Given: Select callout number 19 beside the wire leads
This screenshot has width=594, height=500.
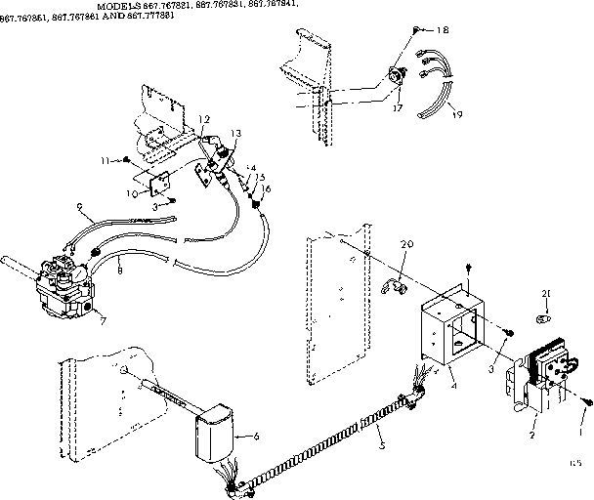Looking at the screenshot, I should [x=458, y=115].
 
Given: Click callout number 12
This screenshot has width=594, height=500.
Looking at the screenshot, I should [x=204, y=119].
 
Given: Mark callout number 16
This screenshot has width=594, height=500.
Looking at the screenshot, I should [x=266, y=187].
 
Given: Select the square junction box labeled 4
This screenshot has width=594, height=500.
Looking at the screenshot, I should [x=451, y=324].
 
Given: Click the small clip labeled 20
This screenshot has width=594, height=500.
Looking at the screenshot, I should [x=396, y=285].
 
